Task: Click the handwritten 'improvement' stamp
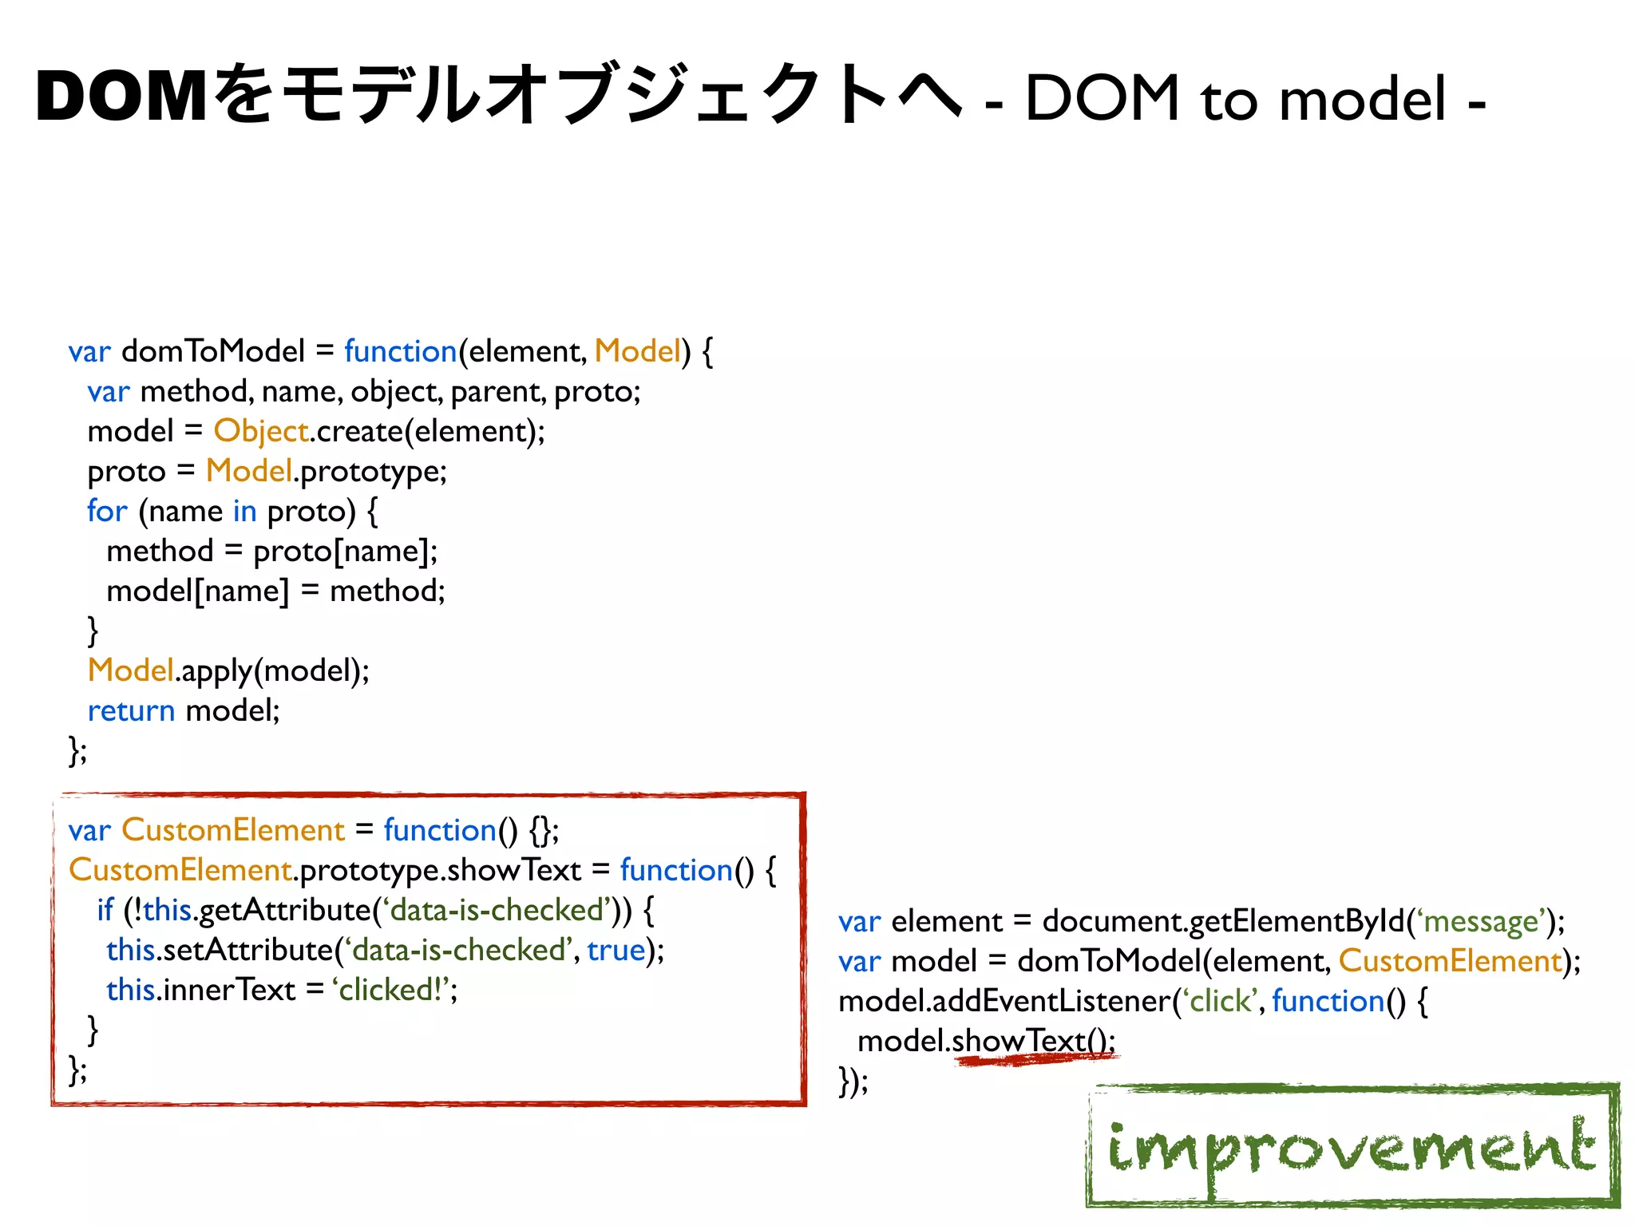point(1352,1146)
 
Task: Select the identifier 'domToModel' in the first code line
point(213,351)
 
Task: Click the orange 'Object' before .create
point(261,431)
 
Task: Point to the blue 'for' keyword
point(107,511)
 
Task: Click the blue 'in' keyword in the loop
point(244,511)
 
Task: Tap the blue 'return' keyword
point(131,710)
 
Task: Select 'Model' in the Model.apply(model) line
point(131,670)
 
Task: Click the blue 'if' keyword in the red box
point(105,910)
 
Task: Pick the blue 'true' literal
point(616,950)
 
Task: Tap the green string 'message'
point(1481,921)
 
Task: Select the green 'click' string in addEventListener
point(1221,1001)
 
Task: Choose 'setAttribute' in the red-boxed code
point(247,950)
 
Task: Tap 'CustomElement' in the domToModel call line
point(1450,961)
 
